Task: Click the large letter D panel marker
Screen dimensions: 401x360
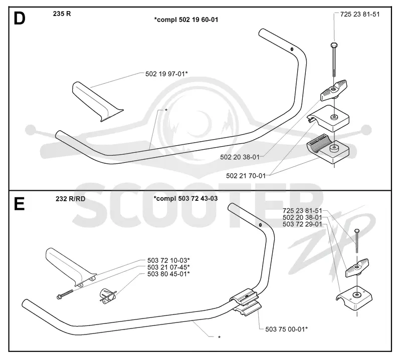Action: pos(20,19)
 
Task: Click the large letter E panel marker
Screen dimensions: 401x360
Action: pos(19,204)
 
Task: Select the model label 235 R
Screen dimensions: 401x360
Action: pos(62,14)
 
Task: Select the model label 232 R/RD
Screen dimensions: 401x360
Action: pos(70,198)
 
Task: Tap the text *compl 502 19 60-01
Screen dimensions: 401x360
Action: pos(186,20)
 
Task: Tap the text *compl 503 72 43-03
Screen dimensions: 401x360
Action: pos(185,198)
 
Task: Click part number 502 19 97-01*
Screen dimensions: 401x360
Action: pos(166,74)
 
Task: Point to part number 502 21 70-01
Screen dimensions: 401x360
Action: pos(246,176)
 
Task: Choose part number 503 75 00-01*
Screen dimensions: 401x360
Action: pos(286,329)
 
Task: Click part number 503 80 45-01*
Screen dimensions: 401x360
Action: pos(168,274)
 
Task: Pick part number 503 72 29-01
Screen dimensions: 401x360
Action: pos(302,224)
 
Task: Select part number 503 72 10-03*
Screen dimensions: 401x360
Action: pos(168,260)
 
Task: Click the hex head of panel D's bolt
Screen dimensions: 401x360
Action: pos(334,46)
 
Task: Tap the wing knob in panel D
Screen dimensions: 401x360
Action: pos(334,90)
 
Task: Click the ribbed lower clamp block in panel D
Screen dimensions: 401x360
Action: pos(328,151)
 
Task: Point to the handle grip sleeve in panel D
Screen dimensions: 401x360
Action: pos(97,102)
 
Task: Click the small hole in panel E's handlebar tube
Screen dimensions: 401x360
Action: pos(260,225)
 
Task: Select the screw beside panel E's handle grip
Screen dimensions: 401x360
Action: pos(65,294)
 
